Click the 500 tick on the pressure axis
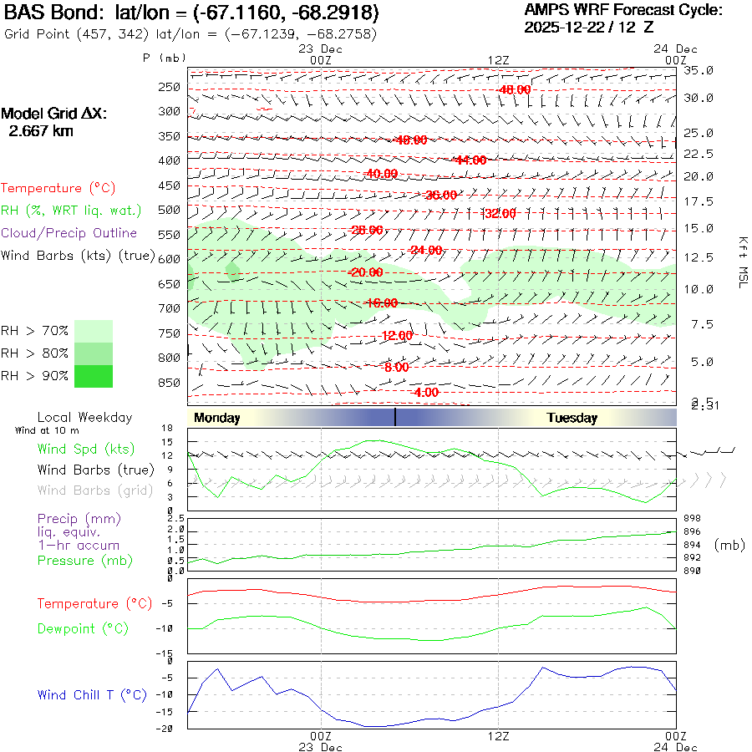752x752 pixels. point(170,210)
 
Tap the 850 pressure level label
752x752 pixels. point(170,383)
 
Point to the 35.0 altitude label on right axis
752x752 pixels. point(698,70)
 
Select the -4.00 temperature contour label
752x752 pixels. point(425,392)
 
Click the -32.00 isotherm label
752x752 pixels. point(500,213)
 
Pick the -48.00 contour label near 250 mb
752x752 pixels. point(514,89)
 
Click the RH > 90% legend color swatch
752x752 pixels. point(94,376)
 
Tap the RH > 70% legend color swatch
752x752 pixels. point(94,331)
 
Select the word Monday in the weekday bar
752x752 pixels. point(216,418)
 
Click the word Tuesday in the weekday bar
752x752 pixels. point(572,418)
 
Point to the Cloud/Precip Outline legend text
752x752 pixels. point(69,233)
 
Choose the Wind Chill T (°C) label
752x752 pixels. point(92,694)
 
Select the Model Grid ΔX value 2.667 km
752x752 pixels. point(40,131)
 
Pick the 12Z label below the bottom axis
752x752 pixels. point(499,735)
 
